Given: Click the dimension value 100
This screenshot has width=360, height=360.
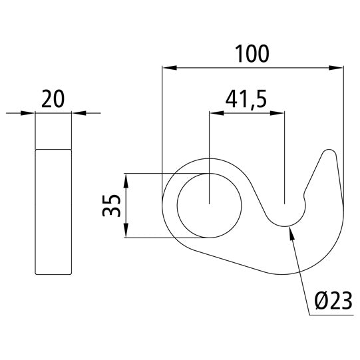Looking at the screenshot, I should point(252,54).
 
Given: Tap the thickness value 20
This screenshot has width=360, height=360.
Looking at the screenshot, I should point(53,100).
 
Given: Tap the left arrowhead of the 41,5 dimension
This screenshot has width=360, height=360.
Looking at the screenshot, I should point(214,113).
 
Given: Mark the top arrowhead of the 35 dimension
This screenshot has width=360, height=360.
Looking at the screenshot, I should point(126,178).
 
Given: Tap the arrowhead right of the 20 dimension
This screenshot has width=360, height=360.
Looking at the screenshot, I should point(75,113).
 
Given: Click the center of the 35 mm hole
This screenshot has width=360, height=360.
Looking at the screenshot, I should point(209,203).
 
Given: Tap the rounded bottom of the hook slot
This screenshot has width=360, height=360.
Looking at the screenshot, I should point(285,225).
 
